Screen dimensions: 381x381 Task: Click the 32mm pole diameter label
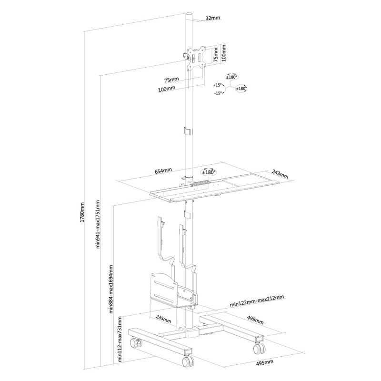[x=212, y=18]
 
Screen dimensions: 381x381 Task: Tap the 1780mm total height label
[x=82, y=212]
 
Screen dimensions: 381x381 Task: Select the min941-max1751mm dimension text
[x=98, y=224]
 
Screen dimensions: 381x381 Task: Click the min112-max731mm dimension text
[x=120, y=339]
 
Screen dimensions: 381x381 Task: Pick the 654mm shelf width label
[x=163, y=170]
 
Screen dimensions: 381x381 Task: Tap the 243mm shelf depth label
[x=280, y=174]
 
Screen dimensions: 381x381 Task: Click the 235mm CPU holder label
[x=163, y=320]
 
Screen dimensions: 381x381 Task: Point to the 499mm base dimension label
[x=255, y=320]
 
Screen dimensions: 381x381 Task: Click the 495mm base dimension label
[x=265, y=363]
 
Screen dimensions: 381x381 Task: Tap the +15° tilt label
[x=217, y=85]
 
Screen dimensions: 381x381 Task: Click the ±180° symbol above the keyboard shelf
[x=209, y=172]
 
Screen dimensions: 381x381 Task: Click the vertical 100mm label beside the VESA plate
[x=223, y=53]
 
